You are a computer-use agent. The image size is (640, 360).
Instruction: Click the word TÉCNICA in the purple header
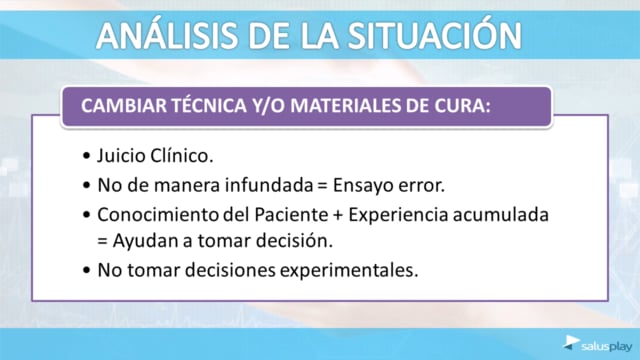[x=209, y=105]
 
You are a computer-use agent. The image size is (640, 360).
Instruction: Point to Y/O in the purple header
[x=269, y=106]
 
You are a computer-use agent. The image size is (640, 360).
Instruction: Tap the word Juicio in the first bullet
[x=120, y=156]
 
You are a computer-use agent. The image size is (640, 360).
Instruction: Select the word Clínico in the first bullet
[x=181, y=156]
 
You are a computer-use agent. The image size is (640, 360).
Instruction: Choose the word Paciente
[x=291, y=215]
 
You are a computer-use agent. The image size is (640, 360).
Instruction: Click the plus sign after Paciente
[x=338, y=216]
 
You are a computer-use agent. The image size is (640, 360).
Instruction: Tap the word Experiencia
[x=398, y=215]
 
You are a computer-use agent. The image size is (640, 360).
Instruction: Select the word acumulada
[x=500, y=215]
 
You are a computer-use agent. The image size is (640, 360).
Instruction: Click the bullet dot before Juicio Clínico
[x=86, y=156]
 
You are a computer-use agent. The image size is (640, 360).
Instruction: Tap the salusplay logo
[x=598, y=344]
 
